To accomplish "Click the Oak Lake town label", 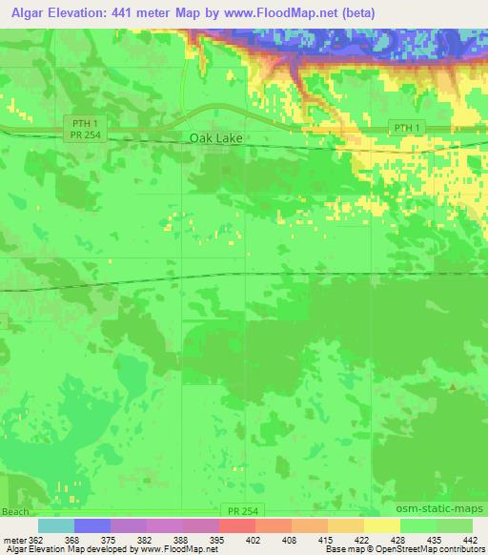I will [x=215, y=138].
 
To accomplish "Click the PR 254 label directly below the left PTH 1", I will [x=85, y=135].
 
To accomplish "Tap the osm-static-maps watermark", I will [x=434, y=512].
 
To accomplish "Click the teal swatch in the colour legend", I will [x=56, y=525].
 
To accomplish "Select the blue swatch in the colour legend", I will [x=92, y=525].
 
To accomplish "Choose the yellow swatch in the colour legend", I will [x=382, y=525].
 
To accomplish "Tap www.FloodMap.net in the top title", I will [x=288, y=12].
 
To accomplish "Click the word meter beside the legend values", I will [x=14, y=539].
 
